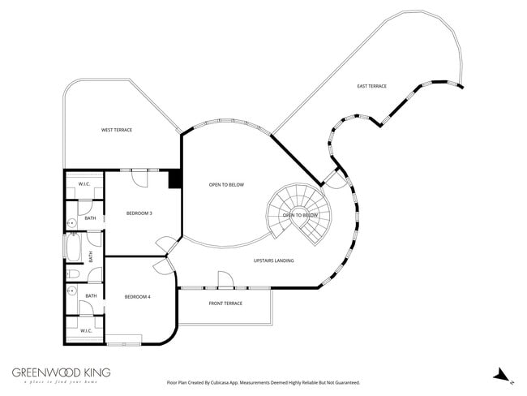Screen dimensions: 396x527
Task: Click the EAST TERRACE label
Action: point(372,86)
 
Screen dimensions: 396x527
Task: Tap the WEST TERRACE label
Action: point(116,130)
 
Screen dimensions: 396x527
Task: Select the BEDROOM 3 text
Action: point(139,213)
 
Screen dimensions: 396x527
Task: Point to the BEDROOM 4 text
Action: point(137,297)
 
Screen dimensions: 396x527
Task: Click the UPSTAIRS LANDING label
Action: point(273,260)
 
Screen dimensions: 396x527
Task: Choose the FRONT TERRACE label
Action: point(226,303)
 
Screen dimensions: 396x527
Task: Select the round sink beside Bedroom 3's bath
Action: point(71,221)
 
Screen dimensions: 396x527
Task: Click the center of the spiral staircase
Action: point(299,215)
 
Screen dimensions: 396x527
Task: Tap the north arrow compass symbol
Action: point(503,375)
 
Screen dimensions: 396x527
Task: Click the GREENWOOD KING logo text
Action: point(61,372)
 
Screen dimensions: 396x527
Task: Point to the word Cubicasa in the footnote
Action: point(229,381)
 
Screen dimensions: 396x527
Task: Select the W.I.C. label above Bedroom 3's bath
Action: point(84,183)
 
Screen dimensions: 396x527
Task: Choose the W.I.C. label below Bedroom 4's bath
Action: point(87,330)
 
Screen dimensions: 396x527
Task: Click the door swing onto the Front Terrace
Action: point(227,280)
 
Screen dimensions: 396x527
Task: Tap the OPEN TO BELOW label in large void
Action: point(226,185)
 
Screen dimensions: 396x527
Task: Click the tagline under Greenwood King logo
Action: point(61,382)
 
